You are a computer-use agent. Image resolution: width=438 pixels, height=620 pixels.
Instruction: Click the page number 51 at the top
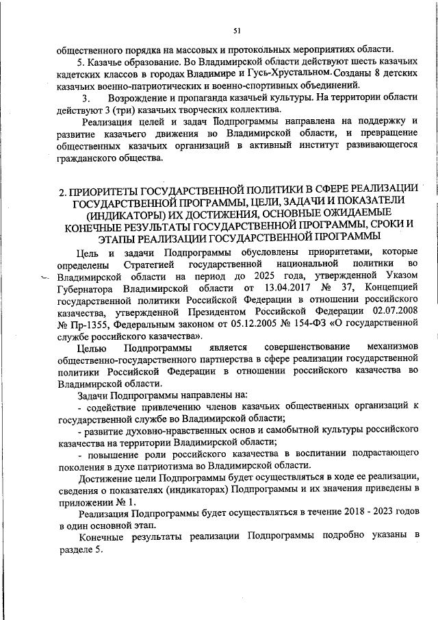tap(237, 30)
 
